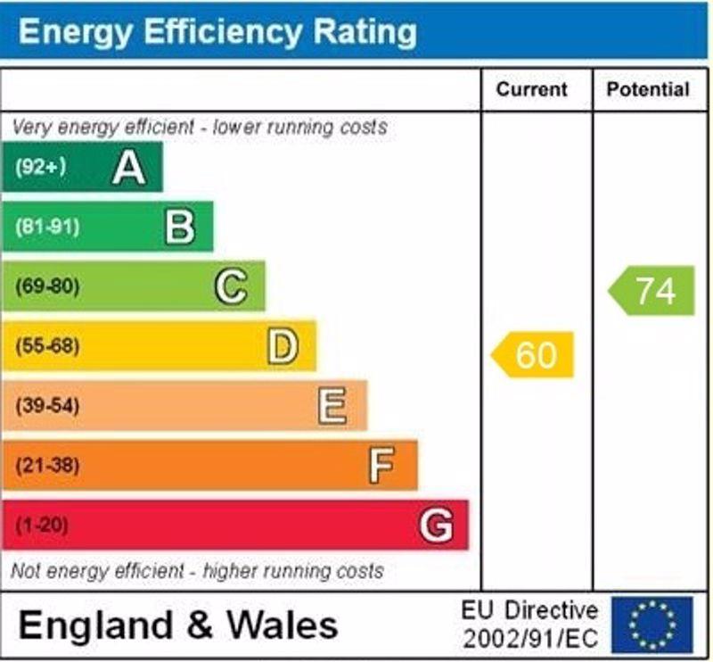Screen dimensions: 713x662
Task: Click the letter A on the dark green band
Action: (x=129, y=168)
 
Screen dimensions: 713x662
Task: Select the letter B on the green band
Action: (x=180, y=227)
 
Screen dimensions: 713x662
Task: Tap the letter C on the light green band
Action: (x=231, y=286)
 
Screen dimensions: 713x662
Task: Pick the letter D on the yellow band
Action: (x=283, y=346)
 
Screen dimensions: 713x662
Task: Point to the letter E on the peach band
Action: (x=332, y=406)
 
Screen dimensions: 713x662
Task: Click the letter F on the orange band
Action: (x=381, y=466)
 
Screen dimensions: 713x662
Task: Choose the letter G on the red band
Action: (x=436, y=525)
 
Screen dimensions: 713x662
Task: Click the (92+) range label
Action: (x=41, y=167)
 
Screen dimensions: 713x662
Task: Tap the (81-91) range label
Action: (x=47, y=227)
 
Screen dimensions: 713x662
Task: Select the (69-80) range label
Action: (x=47, y=286)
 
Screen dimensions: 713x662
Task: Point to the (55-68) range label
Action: (x=47, y=346)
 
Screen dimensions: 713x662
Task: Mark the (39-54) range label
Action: (x=47, y=406)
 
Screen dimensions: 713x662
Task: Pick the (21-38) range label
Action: (x=47, y=466)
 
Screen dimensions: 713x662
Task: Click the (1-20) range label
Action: (x=41, y=525)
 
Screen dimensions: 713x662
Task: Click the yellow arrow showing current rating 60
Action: (x=532, y=355)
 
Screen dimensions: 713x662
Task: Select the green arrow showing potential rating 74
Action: (x=652, y=291)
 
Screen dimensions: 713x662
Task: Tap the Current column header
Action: (x=532, y=89)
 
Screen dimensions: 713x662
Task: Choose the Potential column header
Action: (x=648, y=89)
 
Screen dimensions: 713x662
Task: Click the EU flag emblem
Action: (x=652, y=625)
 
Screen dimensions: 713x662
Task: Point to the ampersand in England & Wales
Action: (x=200, y=625)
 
